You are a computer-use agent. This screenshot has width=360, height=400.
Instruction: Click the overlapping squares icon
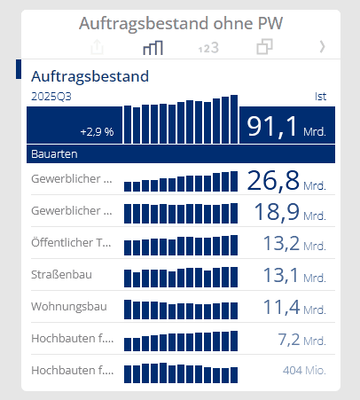pyautogui.click(x=263, y=47)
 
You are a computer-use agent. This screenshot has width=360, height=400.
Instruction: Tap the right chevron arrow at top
pyautogui.click(x=322, y=47)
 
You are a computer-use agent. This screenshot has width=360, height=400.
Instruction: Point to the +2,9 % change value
pyautogui.click(x=97, y=131)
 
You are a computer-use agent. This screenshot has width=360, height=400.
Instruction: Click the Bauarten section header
pyautogui.click(x=53, y=154)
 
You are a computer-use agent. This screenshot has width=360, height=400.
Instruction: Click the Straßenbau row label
pyautogui.click(x=60, y=275)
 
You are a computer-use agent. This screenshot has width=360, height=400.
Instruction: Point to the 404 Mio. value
pyautogui.click(x=303, y=370)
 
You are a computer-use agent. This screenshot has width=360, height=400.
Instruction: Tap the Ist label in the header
pyautogui.click(x=321, y=95)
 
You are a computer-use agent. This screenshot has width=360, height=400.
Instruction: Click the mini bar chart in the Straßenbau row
pyautogui.click(x=181, y=276)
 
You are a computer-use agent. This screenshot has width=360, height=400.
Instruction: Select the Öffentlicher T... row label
pyautogui.click(x=72, y=243)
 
